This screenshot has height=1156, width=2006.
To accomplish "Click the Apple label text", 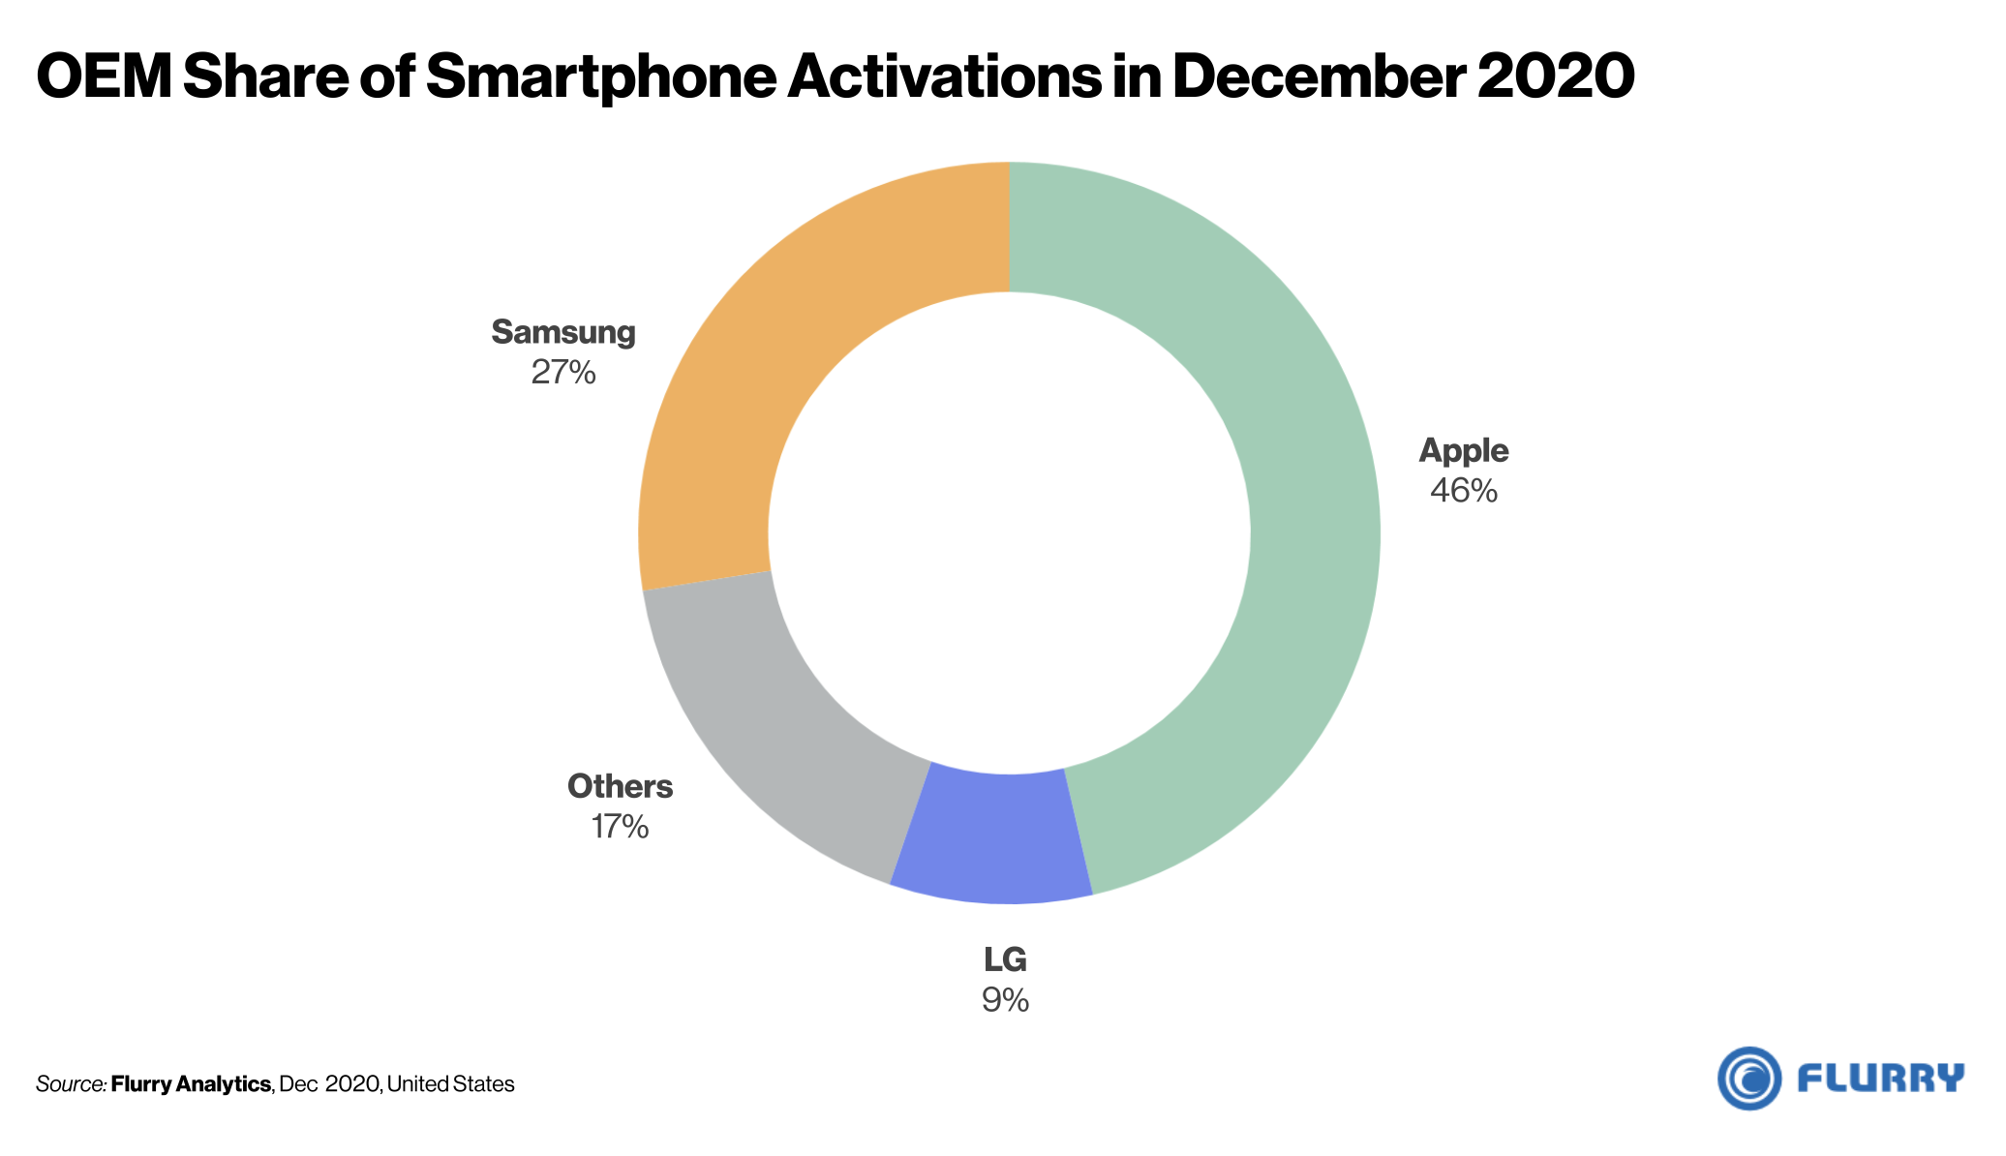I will point(1463,450).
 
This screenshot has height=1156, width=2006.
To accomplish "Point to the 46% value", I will point(1463,491).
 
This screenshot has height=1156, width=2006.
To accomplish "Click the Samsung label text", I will point(563,332).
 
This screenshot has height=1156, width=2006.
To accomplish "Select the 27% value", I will point(563,373).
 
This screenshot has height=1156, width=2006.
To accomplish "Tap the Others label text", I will point(620,786).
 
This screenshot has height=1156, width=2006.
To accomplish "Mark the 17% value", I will point(620,827).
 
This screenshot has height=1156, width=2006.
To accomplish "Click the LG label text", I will point(1005,959).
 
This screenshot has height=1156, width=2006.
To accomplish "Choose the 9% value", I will point(1005,1000).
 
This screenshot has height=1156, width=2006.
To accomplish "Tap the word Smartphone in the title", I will point(600,77).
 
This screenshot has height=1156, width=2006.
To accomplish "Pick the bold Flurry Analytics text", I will point(191,1084).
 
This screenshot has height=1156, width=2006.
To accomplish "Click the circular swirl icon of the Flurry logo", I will point(1748,1078).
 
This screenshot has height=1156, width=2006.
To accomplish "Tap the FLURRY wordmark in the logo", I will point(1880,1078).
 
